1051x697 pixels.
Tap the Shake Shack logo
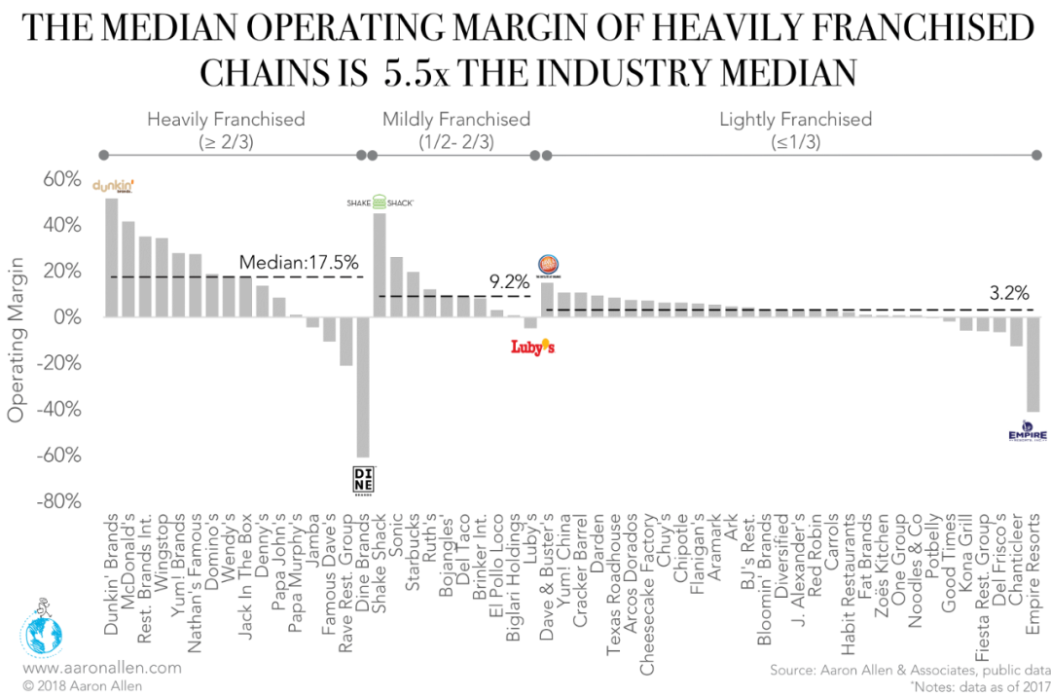point(380,202)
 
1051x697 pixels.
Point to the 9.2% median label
point(508,282)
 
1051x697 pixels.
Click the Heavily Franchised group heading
point(226,120)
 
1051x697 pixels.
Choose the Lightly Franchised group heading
point(795,120)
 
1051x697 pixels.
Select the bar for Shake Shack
point(380,265)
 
